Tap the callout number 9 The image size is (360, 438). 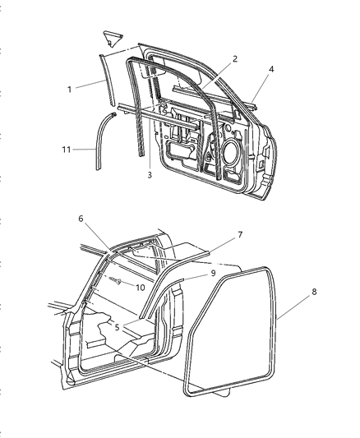click(x=213, y=273)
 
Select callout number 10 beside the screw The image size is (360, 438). click(x=140, y=287)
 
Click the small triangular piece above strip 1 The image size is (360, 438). click(x=111, y=35)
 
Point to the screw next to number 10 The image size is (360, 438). click(x=121, y=282)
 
